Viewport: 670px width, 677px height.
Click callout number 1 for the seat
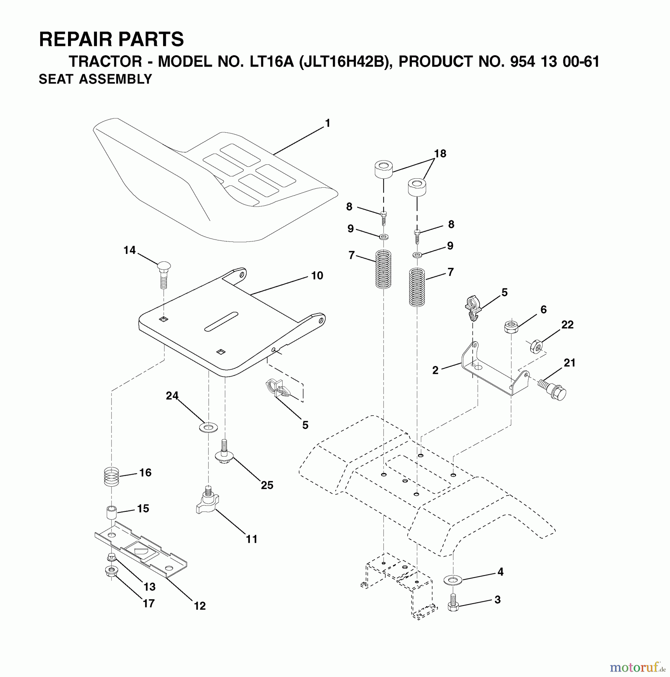(x=327, y=123)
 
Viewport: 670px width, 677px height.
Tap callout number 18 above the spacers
(x=440, y=153)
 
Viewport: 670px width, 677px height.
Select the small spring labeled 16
(x=111, y=476)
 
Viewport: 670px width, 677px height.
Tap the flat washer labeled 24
(x=208, y=427)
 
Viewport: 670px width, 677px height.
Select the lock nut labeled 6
(x=511, y=326)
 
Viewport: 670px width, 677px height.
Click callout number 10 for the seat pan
(x=317, y=276)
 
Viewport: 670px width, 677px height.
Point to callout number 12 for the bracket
(x=200, y=606)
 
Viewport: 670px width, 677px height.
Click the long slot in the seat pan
(x=221, y=322)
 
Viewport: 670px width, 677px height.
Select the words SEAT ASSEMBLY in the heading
(x=95, y=79)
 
